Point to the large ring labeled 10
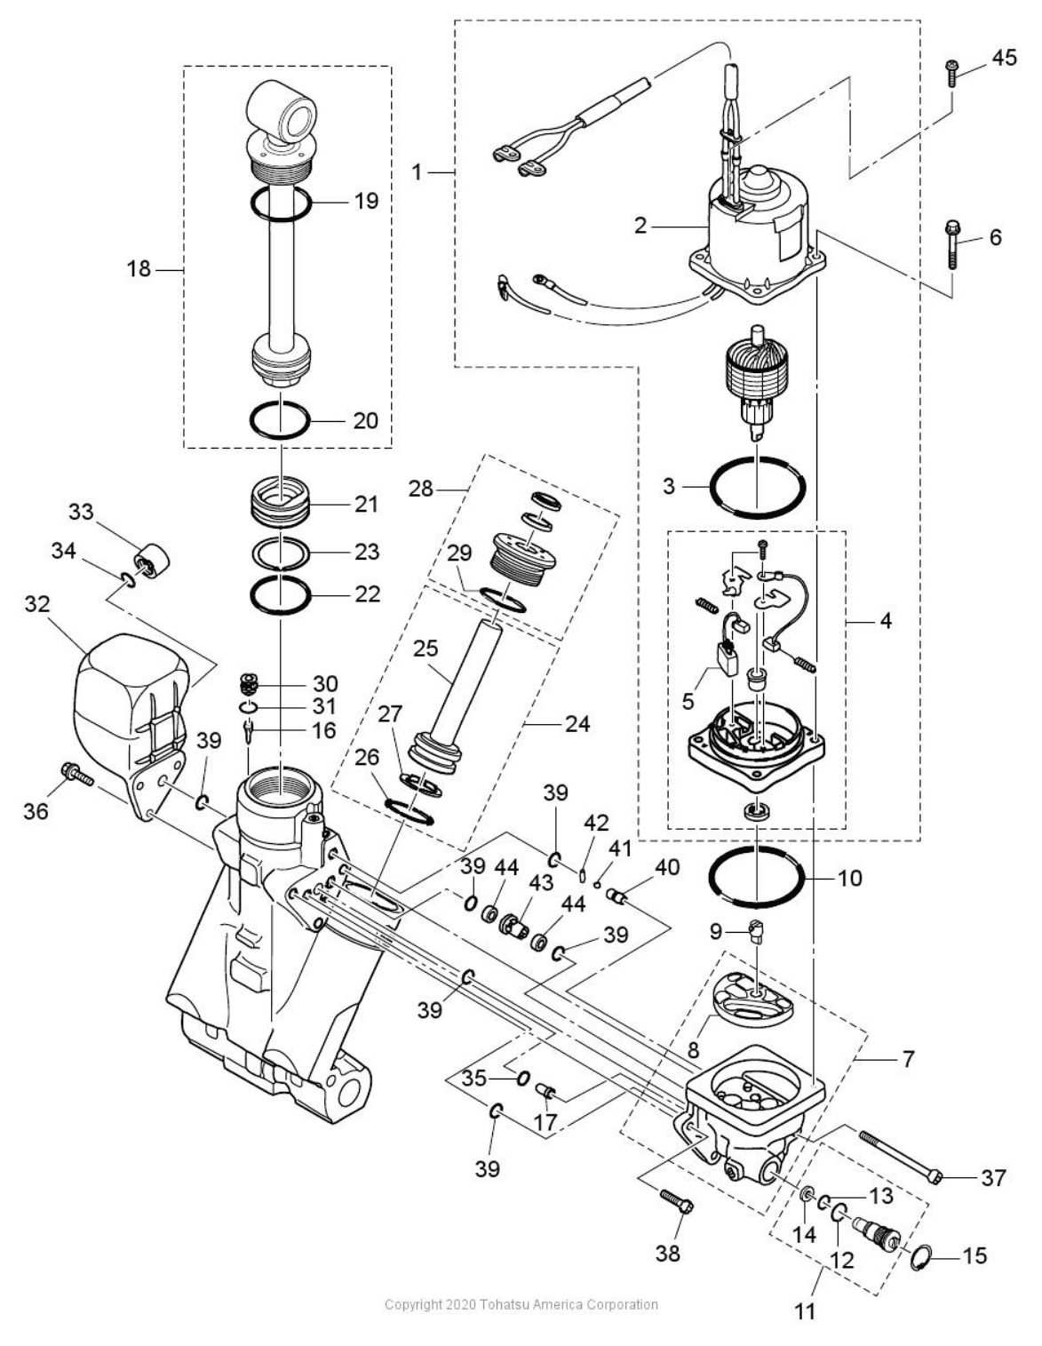click(x=757, y=877)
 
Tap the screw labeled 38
click(x=678, y=1206)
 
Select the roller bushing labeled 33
click(x=148, y=561)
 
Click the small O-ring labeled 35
click(x=522, y=1079)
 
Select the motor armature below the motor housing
click(x=757, y=384)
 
